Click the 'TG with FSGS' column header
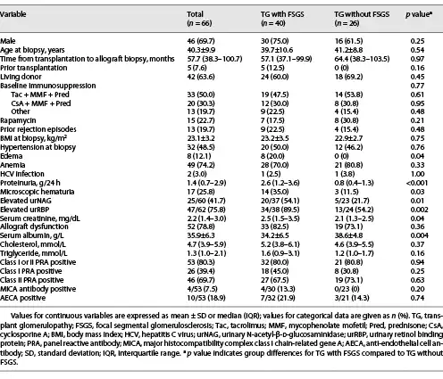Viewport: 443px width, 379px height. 282,14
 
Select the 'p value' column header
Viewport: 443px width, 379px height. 419,14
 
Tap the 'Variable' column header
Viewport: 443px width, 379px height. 13,14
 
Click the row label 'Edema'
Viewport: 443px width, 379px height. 12,156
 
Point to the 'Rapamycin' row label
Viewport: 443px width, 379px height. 18,120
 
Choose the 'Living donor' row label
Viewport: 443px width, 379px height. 21,77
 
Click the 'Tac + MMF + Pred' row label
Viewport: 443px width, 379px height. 40,95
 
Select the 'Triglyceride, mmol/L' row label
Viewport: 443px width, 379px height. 34,253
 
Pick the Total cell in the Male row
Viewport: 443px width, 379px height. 201,41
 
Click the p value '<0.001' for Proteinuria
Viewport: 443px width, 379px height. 417,183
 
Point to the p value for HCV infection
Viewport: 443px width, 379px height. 417,174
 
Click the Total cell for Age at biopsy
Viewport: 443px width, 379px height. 201,50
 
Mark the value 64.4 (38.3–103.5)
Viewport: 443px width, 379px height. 362,59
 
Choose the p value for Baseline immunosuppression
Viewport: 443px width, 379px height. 417,86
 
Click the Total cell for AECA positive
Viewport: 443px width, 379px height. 206,298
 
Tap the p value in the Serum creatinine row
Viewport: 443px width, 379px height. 417,218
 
